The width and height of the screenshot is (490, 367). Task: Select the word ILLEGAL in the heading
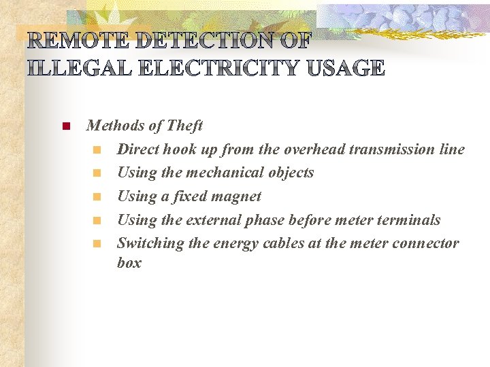pyautogui.click(x=76, y=68)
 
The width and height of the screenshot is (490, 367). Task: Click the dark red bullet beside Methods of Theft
pyautogui.click(x=66, y=126)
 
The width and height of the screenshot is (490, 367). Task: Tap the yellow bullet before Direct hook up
pyautogui.click(x=97, y=150)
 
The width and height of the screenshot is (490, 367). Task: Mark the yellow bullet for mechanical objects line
pyautogui.click(x=97, y=173)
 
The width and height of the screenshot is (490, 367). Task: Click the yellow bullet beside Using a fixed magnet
pyautogui.click(x=97, y=197)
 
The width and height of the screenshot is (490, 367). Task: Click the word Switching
pyautogui.click(x=149, y=243)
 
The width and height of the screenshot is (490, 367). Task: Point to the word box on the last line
pyautogui.click(x=129, y=263)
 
